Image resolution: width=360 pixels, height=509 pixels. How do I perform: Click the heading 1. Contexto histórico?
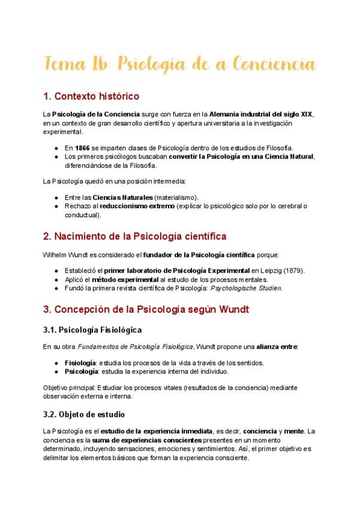coord(91,95)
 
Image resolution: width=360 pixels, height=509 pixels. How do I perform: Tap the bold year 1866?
coord(82,148)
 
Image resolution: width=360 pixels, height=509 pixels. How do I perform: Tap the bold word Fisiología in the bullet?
coord(80,363)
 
